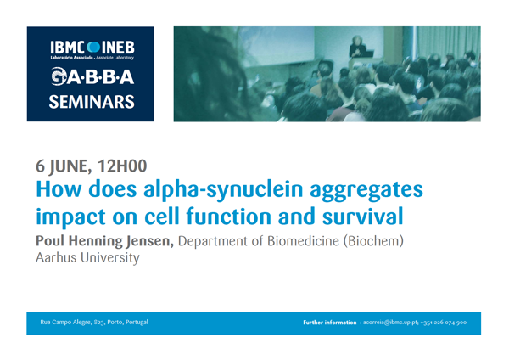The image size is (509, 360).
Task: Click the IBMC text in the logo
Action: click(68, 48)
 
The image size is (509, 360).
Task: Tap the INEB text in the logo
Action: click(118, 48)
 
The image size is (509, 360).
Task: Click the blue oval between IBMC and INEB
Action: click(93, 48)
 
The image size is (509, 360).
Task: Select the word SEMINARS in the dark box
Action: click(92, 102)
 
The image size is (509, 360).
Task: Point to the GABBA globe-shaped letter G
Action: click(59, 76)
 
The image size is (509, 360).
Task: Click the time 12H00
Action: click(122, 166)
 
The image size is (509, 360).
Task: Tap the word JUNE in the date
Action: click(69, 166)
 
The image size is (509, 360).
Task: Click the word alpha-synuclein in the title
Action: click(223, 189)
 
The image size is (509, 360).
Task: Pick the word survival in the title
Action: click(362, 217)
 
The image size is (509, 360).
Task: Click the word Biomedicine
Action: click(303, 241)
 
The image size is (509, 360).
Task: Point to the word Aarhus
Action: click(57, 257)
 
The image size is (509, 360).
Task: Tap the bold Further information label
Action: click(330, 323)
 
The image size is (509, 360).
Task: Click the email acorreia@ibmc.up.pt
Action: click(390, 323)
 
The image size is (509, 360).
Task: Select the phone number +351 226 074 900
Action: click(444, 323)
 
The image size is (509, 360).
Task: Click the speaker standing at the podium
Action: click(357, 48)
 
